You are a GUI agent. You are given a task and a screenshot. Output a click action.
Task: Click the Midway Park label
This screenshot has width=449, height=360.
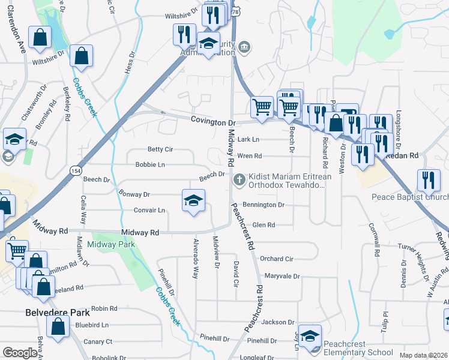[x=111, y=244]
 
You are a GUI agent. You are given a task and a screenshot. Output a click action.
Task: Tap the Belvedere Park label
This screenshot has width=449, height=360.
[x=58, y=313]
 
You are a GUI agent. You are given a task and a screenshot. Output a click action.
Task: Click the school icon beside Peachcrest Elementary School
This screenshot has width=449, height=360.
[x=310, y=337]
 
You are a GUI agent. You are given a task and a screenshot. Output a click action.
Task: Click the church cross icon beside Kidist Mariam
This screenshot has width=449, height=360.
[x=239, y=179]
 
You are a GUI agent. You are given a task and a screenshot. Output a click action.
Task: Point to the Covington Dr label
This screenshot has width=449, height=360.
[x=214, y=121]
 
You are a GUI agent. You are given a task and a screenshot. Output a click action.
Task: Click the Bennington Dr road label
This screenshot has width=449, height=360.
[x=265, y=205]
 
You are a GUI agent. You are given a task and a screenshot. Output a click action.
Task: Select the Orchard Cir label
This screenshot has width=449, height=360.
[x=276, y=259]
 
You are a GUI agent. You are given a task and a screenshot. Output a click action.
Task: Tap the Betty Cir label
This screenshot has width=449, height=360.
[x=160, y=149]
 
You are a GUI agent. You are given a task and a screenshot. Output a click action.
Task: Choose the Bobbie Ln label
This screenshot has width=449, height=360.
[x=150, y=164]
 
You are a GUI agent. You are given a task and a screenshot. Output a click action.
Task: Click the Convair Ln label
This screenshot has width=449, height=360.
[x=149, y=211]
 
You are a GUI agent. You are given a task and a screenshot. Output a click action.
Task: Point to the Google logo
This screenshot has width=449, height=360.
[x=20, y=353]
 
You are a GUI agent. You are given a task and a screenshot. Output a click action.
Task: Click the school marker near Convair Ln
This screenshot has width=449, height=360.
[x=193, y=200]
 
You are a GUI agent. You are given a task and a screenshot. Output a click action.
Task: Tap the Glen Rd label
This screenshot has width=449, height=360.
[x=264, y=225]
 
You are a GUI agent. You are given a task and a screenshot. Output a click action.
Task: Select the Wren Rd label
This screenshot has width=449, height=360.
[x=250, y=156]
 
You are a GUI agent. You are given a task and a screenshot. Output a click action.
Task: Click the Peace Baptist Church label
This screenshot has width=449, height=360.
[x=410, y=197]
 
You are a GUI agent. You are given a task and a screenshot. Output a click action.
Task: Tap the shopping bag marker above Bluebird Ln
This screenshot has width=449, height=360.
[x=58, y=328]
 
